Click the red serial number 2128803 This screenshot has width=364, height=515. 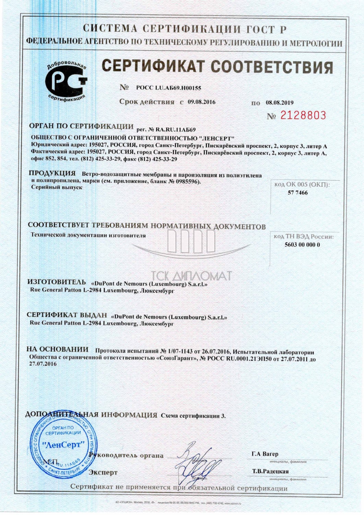click(303, 115)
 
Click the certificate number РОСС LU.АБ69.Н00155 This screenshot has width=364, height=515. click(168, 88)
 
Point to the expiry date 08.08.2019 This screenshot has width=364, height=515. click(280, 102)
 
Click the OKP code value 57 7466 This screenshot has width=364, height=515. click(297, 193)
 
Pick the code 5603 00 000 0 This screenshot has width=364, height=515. click(302, 244)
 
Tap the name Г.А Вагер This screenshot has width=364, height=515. click(265, 454)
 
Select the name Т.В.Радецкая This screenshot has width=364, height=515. click(270, 471)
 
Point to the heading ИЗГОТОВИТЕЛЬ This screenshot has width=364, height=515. click(57, 282)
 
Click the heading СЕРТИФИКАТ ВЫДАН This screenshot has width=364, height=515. click(67, 315)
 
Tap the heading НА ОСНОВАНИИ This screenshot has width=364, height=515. click(58, 350)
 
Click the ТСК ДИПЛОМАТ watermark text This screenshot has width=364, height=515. click(191, 276)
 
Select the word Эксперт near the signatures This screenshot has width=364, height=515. click(103, 472)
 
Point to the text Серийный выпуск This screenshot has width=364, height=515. click(57, 187)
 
